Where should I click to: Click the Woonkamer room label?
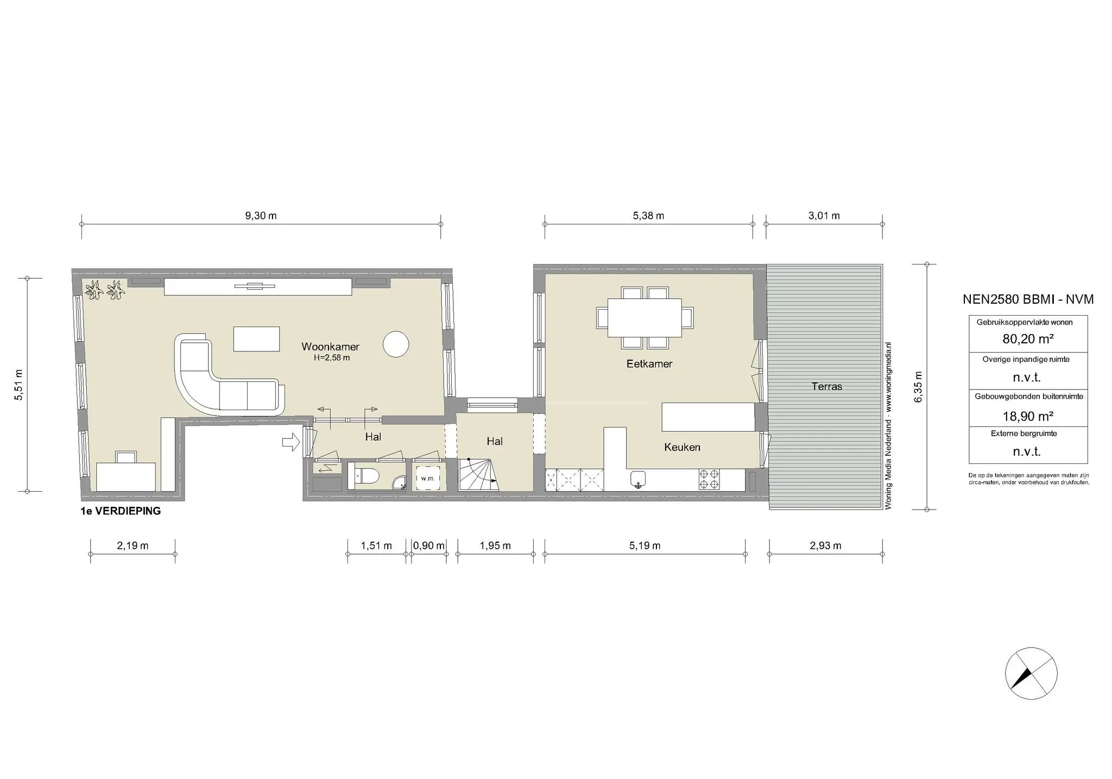point(330,347)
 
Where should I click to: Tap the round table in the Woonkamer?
point(396,344)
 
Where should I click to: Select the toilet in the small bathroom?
point(365,476)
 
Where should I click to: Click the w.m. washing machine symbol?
point(428,478)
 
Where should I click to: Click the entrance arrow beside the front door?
point(291,442)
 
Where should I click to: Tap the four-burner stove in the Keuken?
point(710,479)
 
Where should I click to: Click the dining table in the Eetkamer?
point(645,317)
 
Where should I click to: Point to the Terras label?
point(826,386)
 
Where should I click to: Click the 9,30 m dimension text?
point(261,216)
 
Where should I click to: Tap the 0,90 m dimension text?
point(428,545)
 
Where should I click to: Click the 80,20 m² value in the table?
point(1028,339)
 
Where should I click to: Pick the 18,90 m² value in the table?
point(1028,416)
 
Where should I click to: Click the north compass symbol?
point(1031,674)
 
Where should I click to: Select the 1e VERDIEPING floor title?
point(121,511)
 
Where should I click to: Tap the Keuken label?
point(682,447)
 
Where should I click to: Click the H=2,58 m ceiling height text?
point(331,358)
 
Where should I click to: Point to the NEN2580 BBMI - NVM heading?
point(1028,299)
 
